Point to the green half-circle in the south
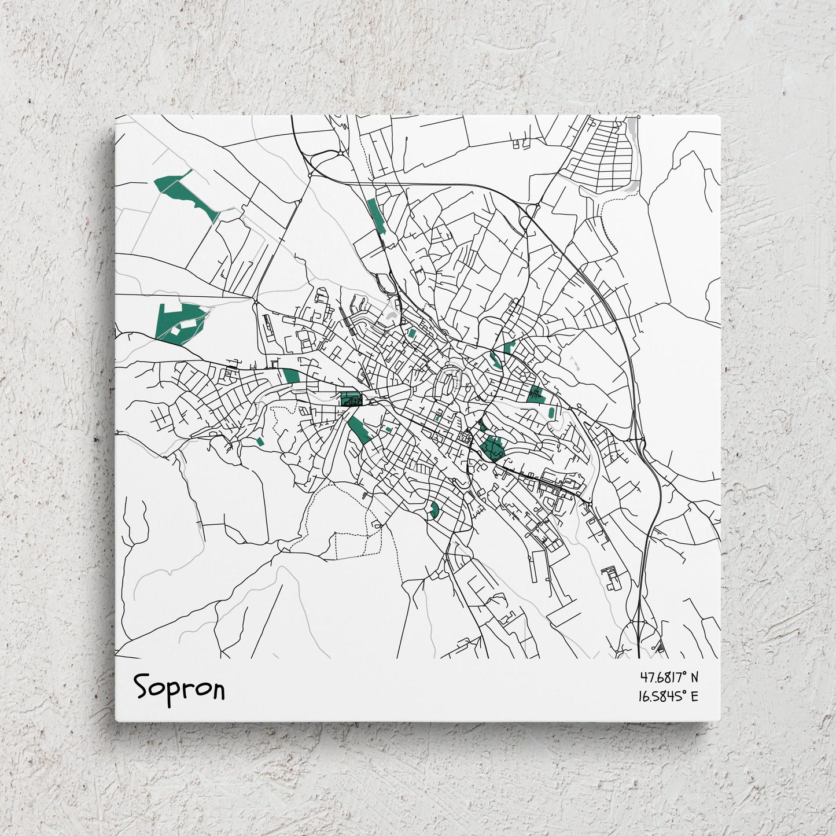point(435,510)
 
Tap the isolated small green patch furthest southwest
point(260,441)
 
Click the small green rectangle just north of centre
point(412,333)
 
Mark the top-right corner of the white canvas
point(719,116)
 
